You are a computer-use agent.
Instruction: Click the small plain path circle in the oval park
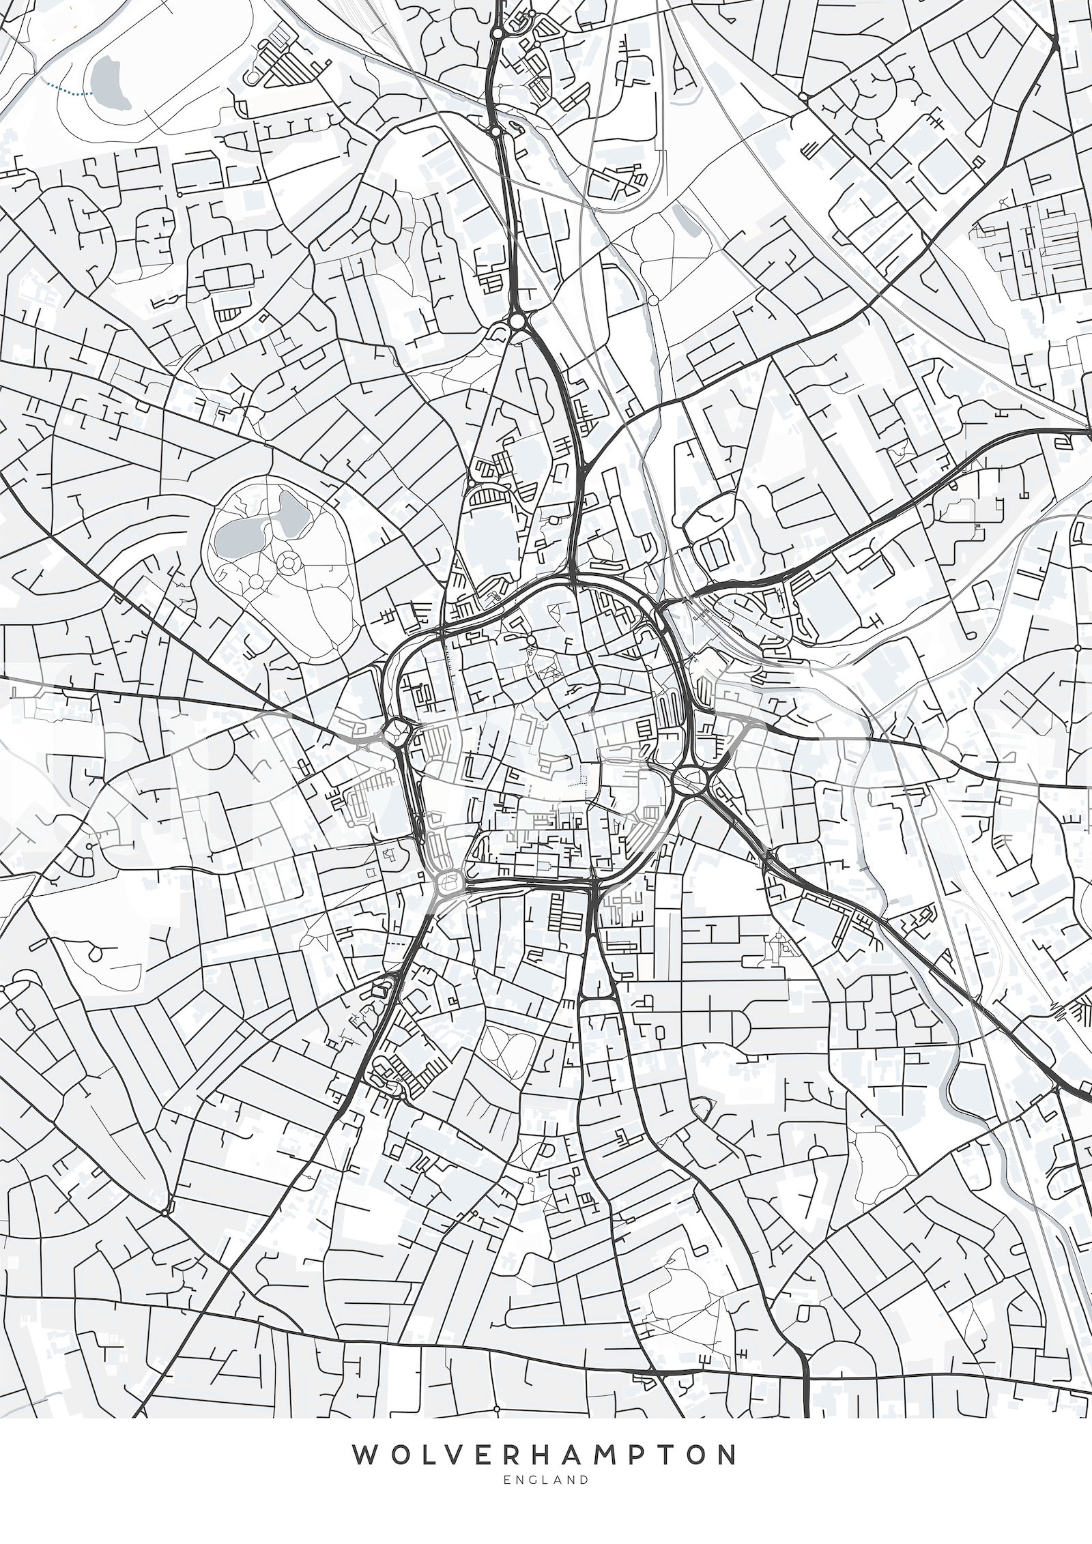click(257, 581)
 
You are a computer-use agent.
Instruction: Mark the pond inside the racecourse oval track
click(109, 83)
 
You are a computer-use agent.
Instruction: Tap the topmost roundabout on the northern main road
click(498, 32)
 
